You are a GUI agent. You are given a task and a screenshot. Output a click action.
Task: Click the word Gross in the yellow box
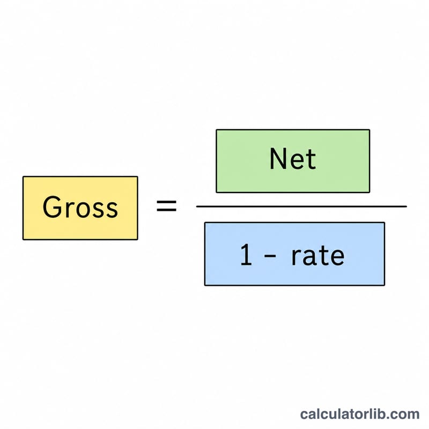[80, 207]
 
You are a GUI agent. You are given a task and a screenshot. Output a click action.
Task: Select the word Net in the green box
[292, 159]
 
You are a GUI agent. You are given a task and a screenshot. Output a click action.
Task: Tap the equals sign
[166, 206]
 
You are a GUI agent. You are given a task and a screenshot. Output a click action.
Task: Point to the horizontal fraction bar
[301, 206]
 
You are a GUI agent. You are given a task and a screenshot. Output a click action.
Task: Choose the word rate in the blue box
[317, 255]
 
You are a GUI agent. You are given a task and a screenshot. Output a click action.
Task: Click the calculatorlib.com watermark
[360, 414]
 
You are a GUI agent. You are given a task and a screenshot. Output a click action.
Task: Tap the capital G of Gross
[52, 207]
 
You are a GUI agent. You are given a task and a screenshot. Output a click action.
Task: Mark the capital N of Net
[278, 159]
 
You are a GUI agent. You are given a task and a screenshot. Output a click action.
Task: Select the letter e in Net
[297, 162]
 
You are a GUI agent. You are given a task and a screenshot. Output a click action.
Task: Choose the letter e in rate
[337, 257]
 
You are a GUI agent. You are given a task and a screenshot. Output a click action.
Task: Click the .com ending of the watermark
[403, 415]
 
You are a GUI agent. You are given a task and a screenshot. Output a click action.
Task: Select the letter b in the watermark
[382, 414]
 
